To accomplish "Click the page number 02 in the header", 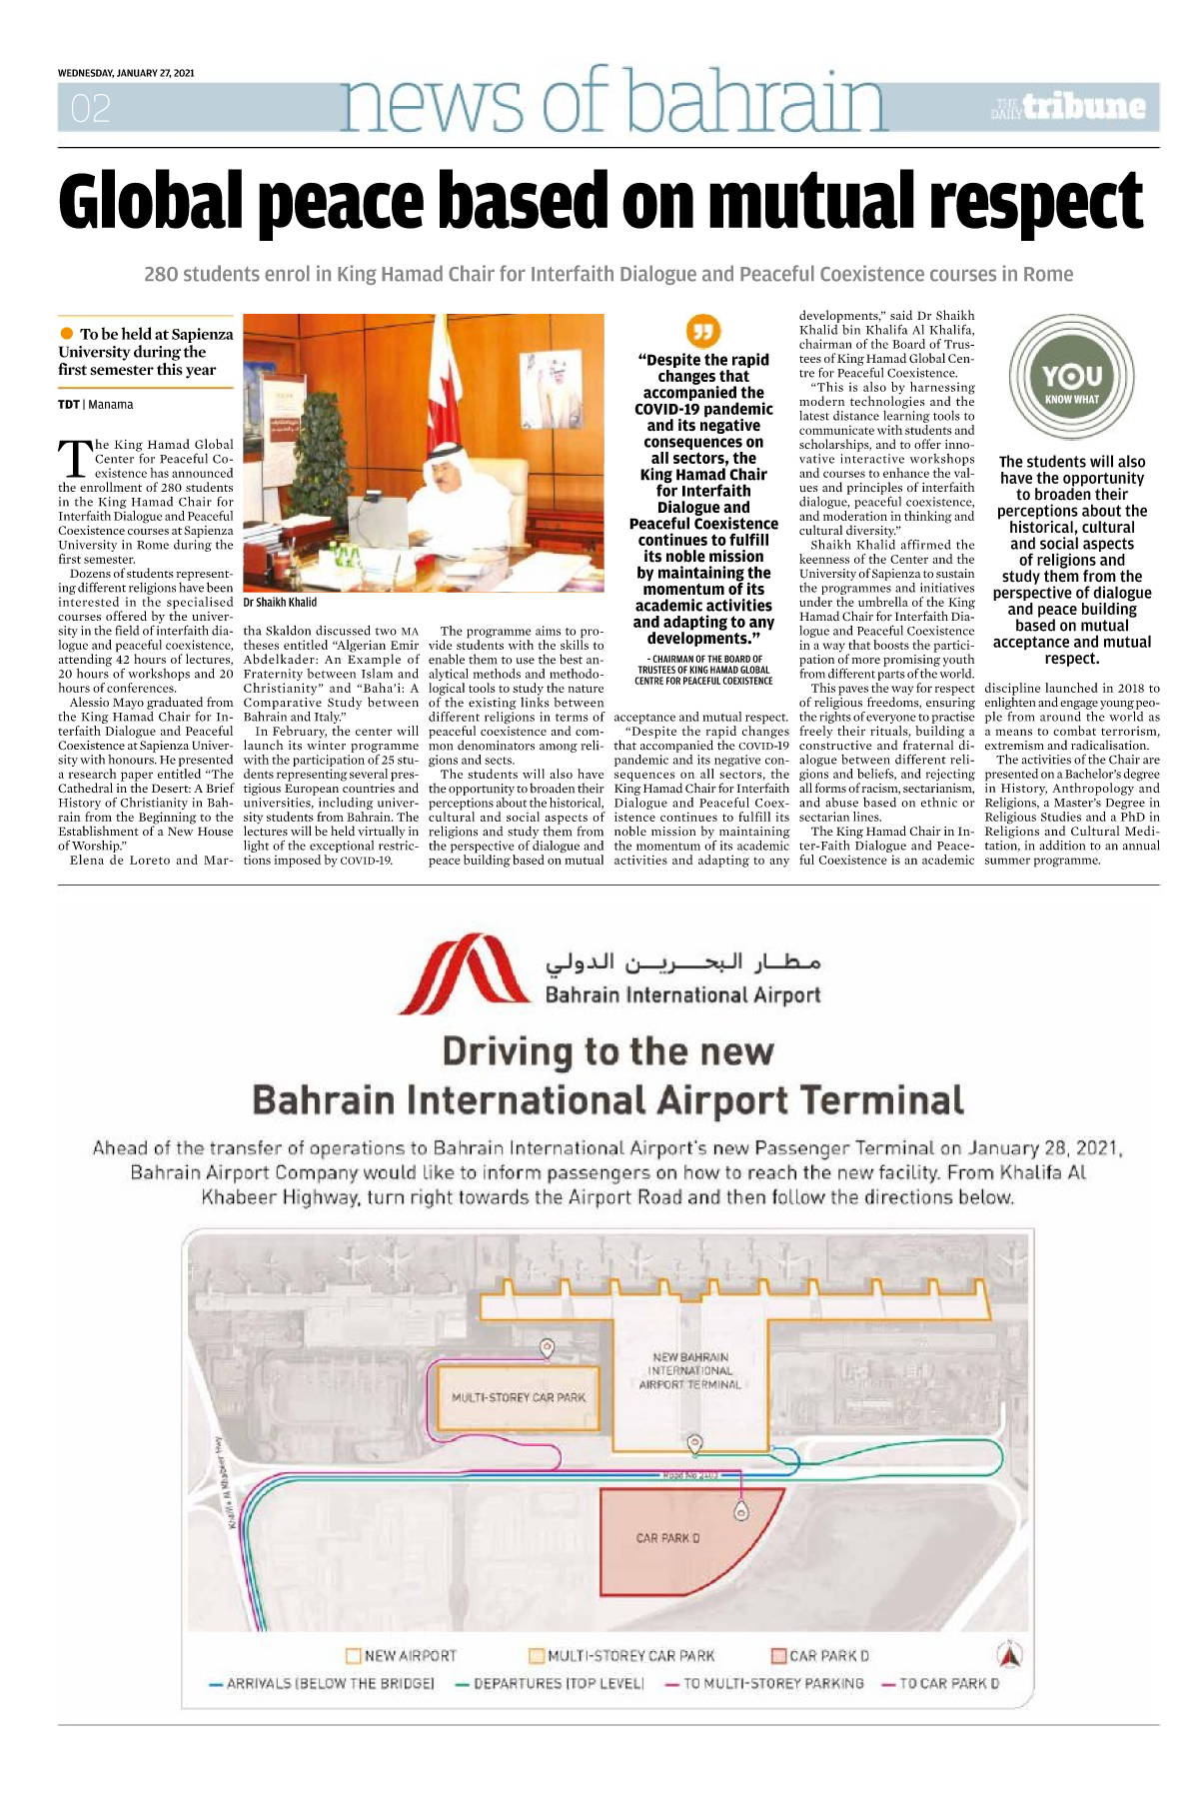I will pos(91,108).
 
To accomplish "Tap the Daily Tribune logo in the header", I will pos(1069,107).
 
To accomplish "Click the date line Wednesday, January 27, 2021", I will pos(126,73).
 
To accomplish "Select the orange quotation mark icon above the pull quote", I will pos(703,331).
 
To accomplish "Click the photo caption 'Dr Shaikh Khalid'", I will pos(280,603).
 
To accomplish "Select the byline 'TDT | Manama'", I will pos(96,405).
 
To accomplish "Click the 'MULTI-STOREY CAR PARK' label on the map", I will pos(519,1397).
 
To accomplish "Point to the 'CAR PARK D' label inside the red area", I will pos(667,1538).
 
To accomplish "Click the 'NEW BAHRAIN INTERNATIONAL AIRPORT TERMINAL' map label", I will pos(690,1371).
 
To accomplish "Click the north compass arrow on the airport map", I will pos(1010,1654).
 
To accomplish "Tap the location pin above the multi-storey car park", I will pos(547,1348).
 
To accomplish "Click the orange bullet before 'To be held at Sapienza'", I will pos(67,334).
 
